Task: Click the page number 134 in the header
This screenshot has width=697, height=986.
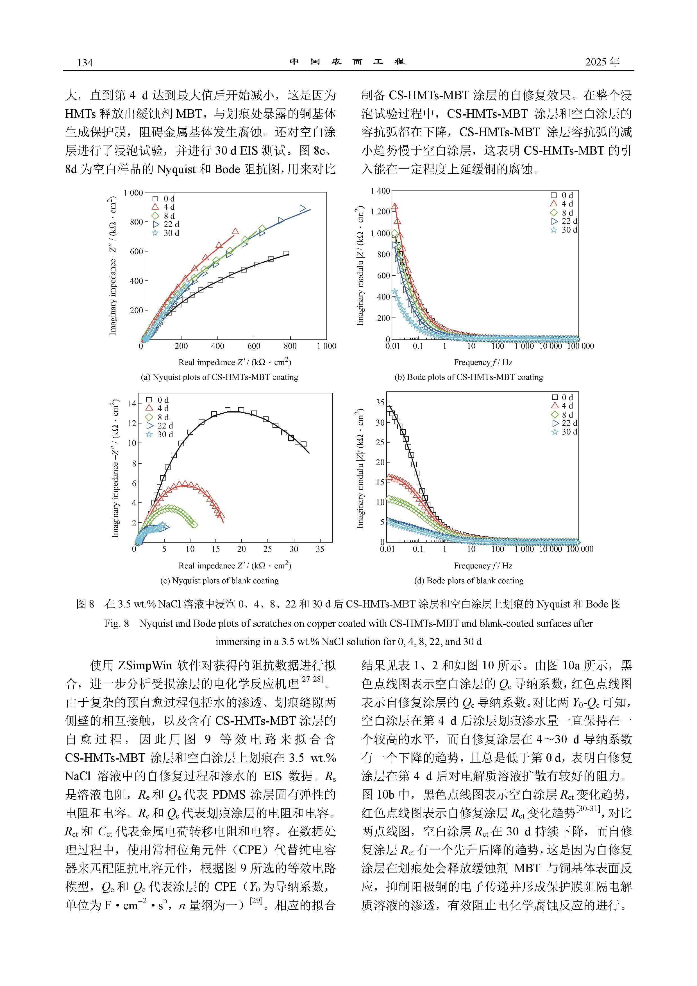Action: coord(85,63)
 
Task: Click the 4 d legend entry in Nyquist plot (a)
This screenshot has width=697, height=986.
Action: coord(164,207)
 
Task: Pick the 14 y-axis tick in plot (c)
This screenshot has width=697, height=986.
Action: coord(132,403)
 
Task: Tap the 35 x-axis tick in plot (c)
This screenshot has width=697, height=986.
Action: coord(320,549)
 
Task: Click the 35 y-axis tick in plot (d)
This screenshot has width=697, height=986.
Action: coord(380,402)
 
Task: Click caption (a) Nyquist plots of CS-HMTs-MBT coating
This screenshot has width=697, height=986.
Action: coord(219,377)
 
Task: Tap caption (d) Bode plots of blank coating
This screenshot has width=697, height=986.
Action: coord(469,581)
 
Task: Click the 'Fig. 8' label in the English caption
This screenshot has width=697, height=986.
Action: coord(116,624)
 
